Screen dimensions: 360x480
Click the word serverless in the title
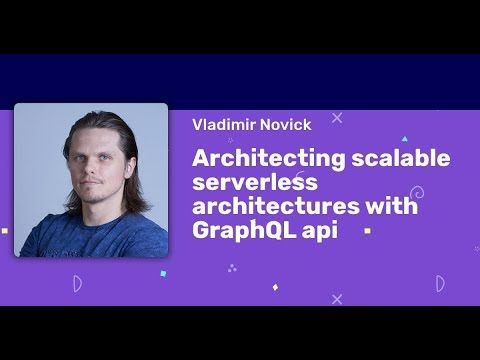tap(254, 183)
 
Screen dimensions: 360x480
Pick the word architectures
tap(270, 207)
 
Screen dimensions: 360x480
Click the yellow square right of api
tap(367, 230)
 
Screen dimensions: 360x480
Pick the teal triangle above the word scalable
tap(404, 139)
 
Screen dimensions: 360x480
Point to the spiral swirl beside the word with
tap(417, 192)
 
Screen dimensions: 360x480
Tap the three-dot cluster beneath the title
tap(232, 267)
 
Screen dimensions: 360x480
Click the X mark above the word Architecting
tap(336, 118)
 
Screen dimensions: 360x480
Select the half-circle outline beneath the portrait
tap(77, 284)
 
